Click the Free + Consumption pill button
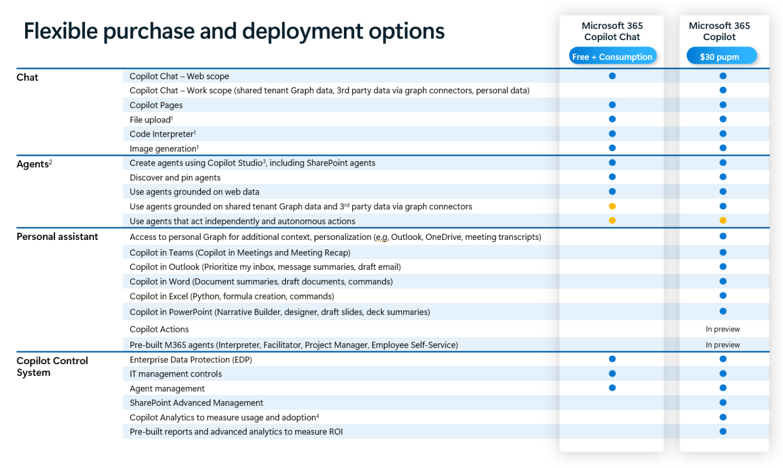point(612,56)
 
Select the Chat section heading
point(27,77)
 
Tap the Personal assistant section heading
point(57,237)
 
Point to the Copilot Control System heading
point(52,366)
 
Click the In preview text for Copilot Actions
point(723,329)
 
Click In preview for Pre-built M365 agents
point(723,345)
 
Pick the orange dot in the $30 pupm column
point(723,221)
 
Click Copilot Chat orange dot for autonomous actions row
point(612,221)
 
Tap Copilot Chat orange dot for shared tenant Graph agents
point(612,206)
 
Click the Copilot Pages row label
point(156,105)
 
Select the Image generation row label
point(164,149)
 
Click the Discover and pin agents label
point(175,178)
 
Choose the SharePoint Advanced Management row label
point(196,403)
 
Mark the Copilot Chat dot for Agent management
point(612,388)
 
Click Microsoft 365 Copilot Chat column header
point(612,31)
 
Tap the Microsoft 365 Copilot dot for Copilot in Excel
point(723,296)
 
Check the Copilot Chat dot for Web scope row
point(612,76)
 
